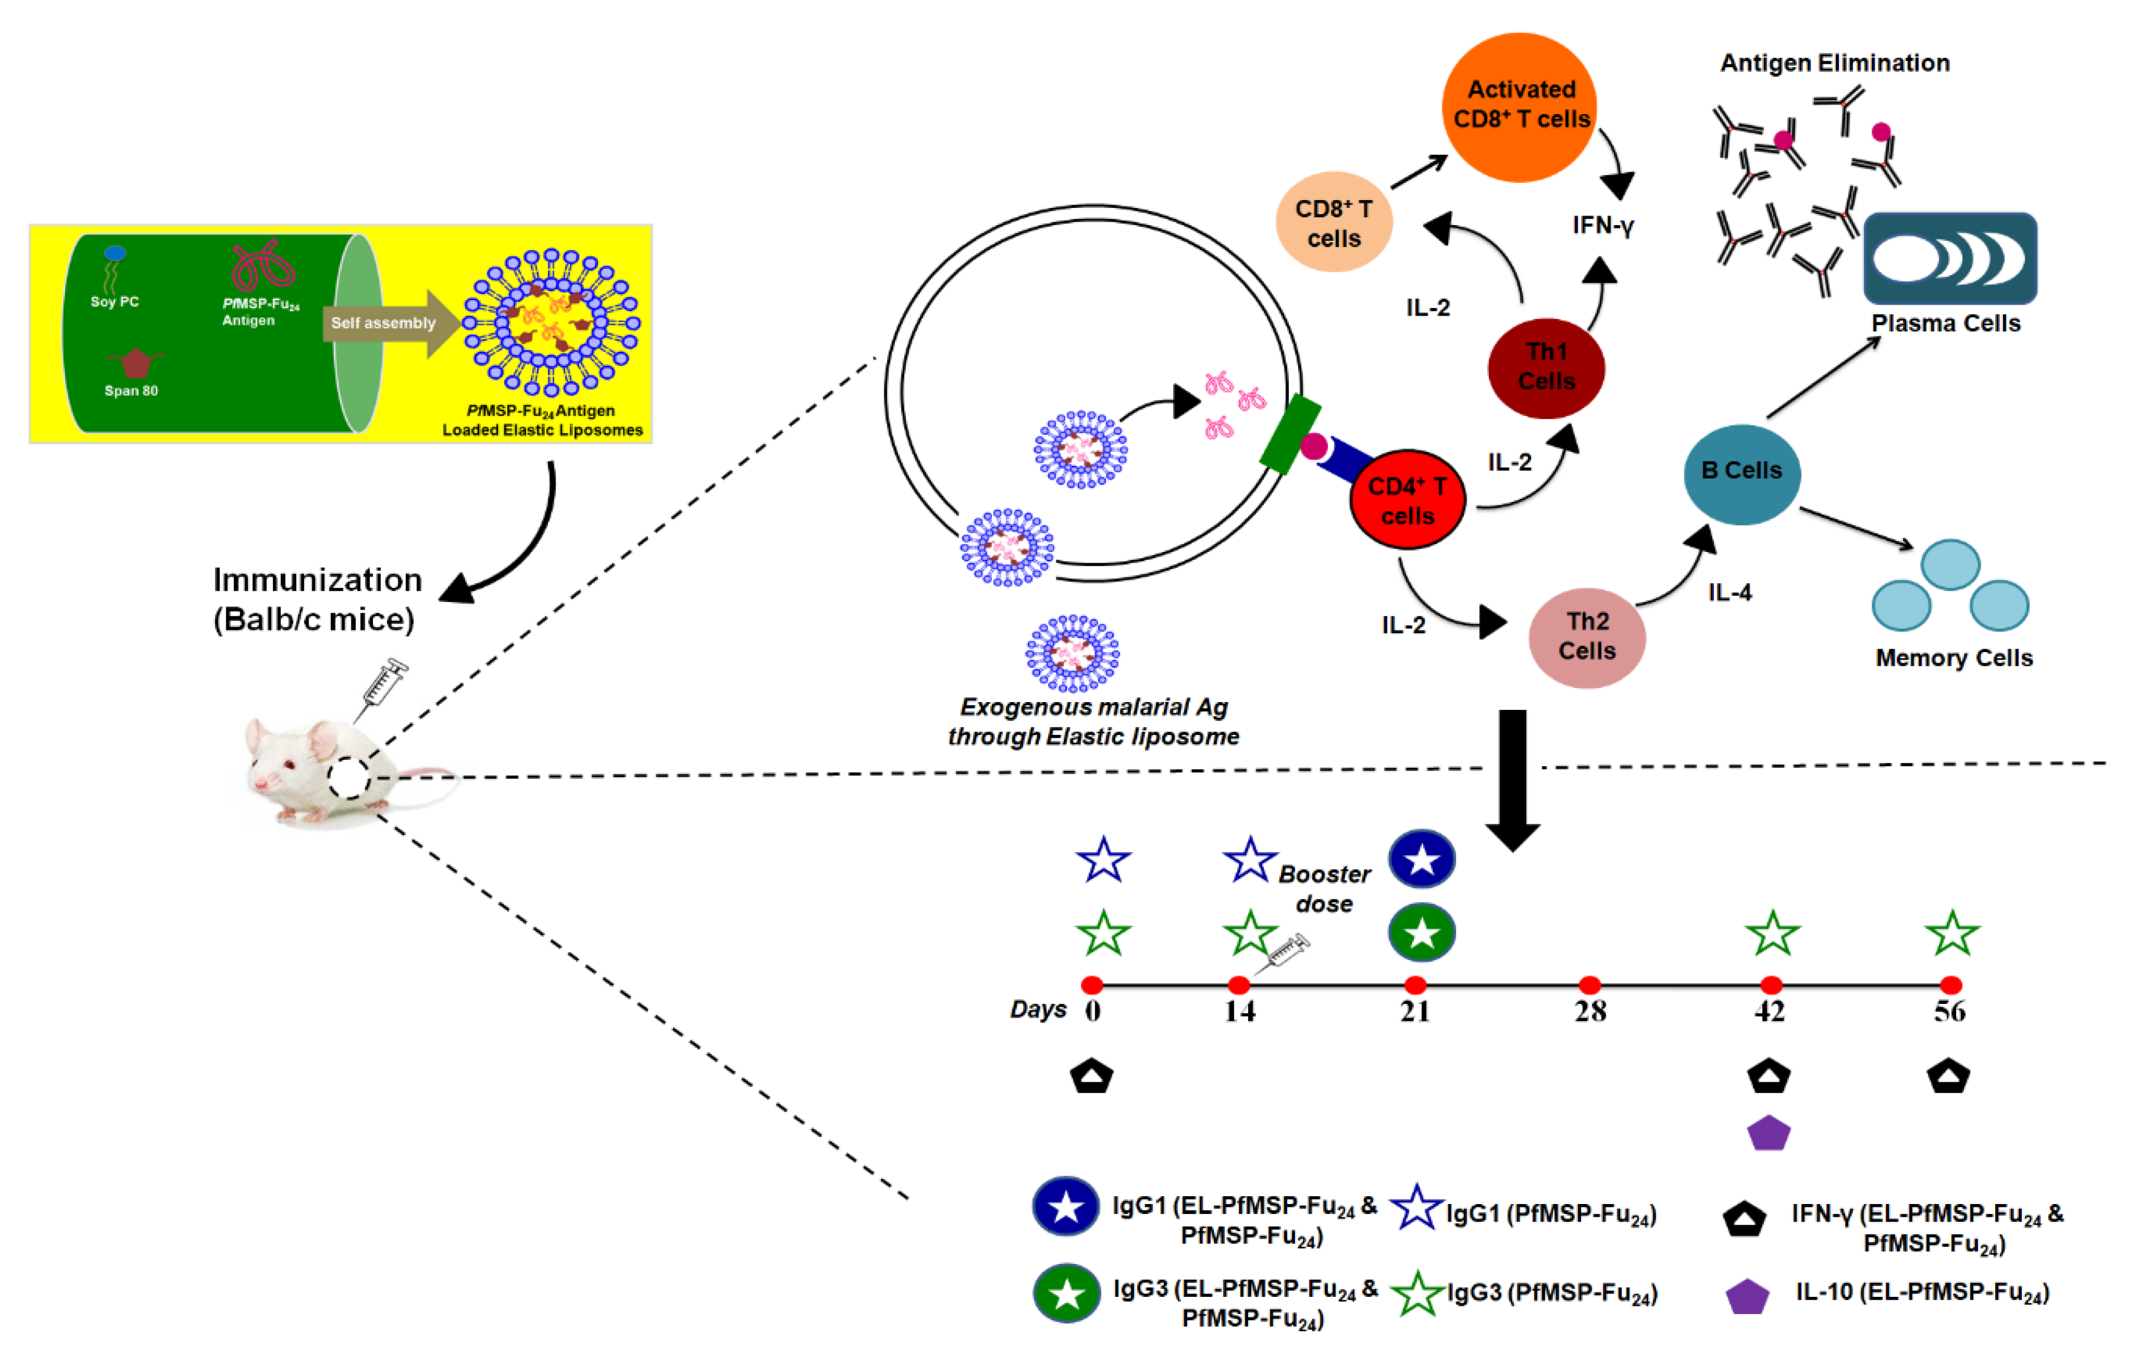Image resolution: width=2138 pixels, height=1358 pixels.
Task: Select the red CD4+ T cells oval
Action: click(1407, 500)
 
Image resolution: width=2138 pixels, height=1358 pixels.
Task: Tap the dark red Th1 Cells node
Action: click(1546, 367)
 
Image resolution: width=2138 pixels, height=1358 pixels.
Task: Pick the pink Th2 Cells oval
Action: click(1587, 637)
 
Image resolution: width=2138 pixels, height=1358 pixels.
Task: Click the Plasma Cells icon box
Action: click(1950, 258)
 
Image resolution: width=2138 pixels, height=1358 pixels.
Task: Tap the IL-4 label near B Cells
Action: click(1730, 593)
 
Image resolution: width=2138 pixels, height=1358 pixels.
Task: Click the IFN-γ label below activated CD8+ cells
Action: click(1603, 226)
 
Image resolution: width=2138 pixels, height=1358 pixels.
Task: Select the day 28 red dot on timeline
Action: click(1590, 984)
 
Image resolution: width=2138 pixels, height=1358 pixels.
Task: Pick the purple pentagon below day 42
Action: click(1768, 1134)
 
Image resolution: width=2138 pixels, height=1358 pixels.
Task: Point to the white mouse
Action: click(320, 771)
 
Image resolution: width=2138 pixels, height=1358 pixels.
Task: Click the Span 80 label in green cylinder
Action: click(131, 391)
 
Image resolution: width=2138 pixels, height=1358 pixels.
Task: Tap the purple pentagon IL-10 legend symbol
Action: click(1746, 1297)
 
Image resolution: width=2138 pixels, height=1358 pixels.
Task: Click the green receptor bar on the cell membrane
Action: click(1290, 435)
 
